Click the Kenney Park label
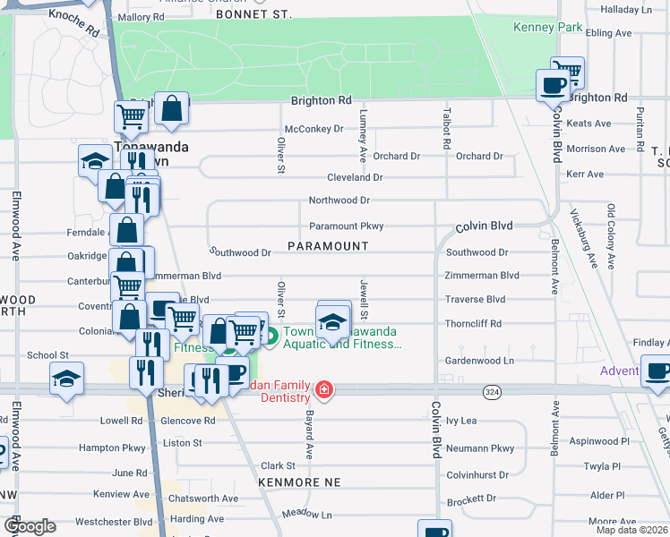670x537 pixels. [x=548, y=28]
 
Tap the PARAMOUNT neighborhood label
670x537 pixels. [x=328, y=245]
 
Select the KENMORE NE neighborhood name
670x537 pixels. [x=300, y=482]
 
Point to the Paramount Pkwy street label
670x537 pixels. [x=346, y=226]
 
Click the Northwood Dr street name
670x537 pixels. [x=339, y=200]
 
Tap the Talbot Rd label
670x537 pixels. [x=446, y=130]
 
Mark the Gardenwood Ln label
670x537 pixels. [x=479, y=361]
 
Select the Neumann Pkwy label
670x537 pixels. [x=481, y=448]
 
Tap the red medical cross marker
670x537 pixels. [x=323, y=390]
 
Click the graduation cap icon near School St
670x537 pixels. [x=67, y=379]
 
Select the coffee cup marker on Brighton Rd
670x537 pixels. [x=553, y=87]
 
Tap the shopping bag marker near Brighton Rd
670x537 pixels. [x=171, y=109]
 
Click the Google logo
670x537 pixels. [x=30, y=526]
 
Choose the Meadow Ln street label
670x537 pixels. [x=306, y=515]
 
